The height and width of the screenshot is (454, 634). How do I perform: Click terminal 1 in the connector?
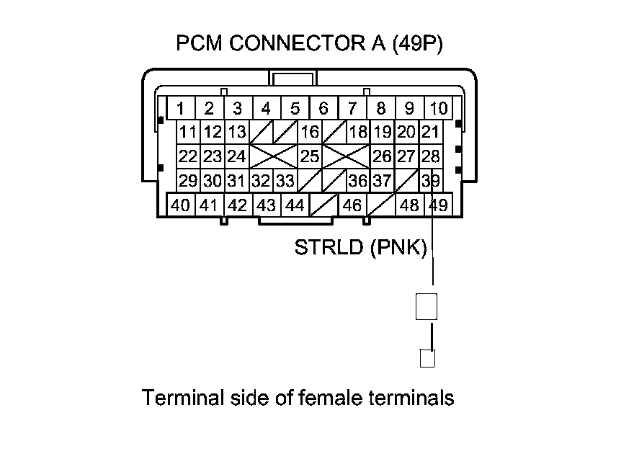tap(181, 109)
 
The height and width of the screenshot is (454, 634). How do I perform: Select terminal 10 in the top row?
tap(438, 109)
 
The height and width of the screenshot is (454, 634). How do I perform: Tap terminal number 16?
tap(310, 132)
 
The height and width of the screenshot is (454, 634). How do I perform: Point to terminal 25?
tap(310, 156)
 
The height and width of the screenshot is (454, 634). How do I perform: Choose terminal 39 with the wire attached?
tap(431, 180)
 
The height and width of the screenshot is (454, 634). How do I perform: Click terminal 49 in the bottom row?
tap(437, 205)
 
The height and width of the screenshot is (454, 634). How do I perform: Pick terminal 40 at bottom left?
tap(181, 205)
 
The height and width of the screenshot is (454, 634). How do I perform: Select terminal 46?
tap(352, 205)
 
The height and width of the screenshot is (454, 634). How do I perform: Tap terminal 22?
tap(188, 156)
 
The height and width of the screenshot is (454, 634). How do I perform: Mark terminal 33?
tap(285, 180)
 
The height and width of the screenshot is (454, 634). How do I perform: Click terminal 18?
tap(357, 132)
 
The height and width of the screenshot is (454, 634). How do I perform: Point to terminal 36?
tap(357, 180)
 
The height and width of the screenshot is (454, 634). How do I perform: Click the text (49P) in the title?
tap(417, 44)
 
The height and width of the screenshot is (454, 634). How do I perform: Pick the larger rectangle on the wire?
tap(427, 307)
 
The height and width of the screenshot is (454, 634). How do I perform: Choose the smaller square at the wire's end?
tap(427, 357)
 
